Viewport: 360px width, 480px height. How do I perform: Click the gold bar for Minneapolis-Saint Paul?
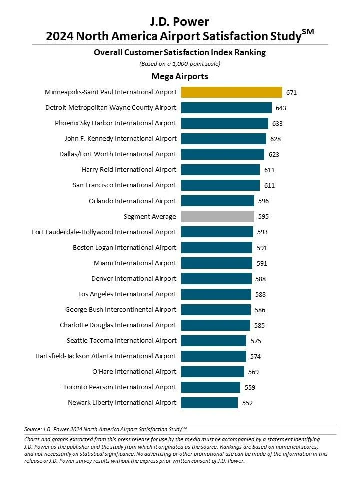[231, 92]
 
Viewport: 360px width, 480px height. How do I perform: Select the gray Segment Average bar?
[217, 216]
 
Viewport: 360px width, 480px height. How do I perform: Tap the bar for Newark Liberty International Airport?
[209, 403]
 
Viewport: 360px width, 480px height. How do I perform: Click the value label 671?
[292, 93]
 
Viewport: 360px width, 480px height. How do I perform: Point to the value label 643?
[281, 108]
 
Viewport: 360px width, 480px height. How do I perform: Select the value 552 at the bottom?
[247, 403]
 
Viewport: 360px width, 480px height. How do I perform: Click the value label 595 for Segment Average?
[263, 217]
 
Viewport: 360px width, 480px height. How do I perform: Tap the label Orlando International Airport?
[132, 201]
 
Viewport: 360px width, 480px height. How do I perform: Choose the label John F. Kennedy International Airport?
[120, 138]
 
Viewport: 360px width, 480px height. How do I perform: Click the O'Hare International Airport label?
[134, 371]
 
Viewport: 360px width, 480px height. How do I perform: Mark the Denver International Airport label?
[134, 278]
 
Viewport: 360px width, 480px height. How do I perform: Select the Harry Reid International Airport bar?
[220, 170]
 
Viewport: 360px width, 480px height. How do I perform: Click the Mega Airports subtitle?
[180, 76]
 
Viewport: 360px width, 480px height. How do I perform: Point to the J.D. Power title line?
[180, 21]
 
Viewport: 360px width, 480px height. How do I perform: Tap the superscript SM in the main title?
[308, 31]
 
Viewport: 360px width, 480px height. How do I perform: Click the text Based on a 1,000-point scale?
[180, 64]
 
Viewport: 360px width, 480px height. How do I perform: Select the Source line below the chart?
[106, 429]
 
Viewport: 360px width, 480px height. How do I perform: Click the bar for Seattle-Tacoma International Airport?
[213, 341]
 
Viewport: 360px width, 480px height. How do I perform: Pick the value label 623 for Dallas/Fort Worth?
[273, 155]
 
